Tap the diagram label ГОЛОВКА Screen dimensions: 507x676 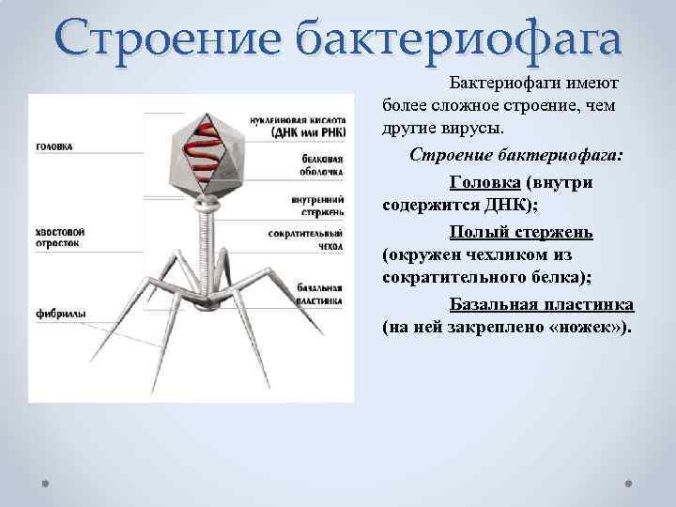(x=54, y=147)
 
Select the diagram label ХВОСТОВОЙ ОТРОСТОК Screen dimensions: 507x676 (x=60, y=236)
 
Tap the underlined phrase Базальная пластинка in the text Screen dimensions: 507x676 (x=542, y=305)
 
